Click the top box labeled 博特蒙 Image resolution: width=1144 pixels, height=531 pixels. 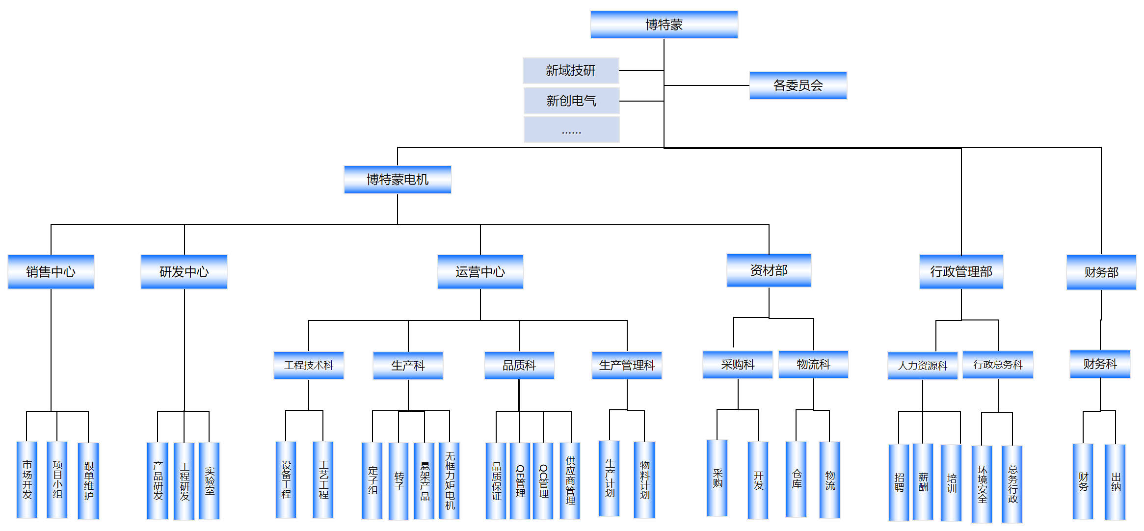[664, 25]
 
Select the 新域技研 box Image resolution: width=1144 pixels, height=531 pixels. [571, 71]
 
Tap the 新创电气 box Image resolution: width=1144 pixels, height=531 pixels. [571, 101]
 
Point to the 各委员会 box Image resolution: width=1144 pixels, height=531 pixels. [798, 85]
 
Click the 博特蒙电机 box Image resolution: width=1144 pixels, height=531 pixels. [398, 180]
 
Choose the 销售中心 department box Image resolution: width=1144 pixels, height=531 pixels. [51, 272]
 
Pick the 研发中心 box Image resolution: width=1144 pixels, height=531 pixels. [184, 272]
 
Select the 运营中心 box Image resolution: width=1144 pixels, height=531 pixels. [480, 272]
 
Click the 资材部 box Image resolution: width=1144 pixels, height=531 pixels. [769, 270]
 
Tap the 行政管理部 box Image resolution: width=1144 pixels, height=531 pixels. [961, 272]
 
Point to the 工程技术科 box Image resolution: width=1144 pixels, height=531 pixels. [309, 365]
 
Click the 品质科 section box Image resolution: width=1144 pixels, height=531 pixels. [519, 365]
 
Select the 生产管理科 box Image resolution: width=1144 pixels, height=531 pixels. [627, 365]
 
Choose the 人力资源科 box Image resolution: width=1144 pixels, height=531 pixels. [923, 366]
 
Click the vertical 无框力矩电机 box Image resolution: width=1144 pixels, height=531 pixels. [450, 481]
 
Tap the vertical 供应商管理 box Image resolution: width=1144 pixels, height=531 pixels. [570, 481]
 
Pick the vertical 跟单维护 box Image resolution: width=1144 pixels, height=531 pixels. [88, 481]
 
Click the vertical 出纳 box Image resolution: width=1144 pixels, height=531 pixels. [1116, 482]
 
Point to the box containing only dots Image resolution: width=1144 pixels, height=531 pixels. [571, 130]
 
